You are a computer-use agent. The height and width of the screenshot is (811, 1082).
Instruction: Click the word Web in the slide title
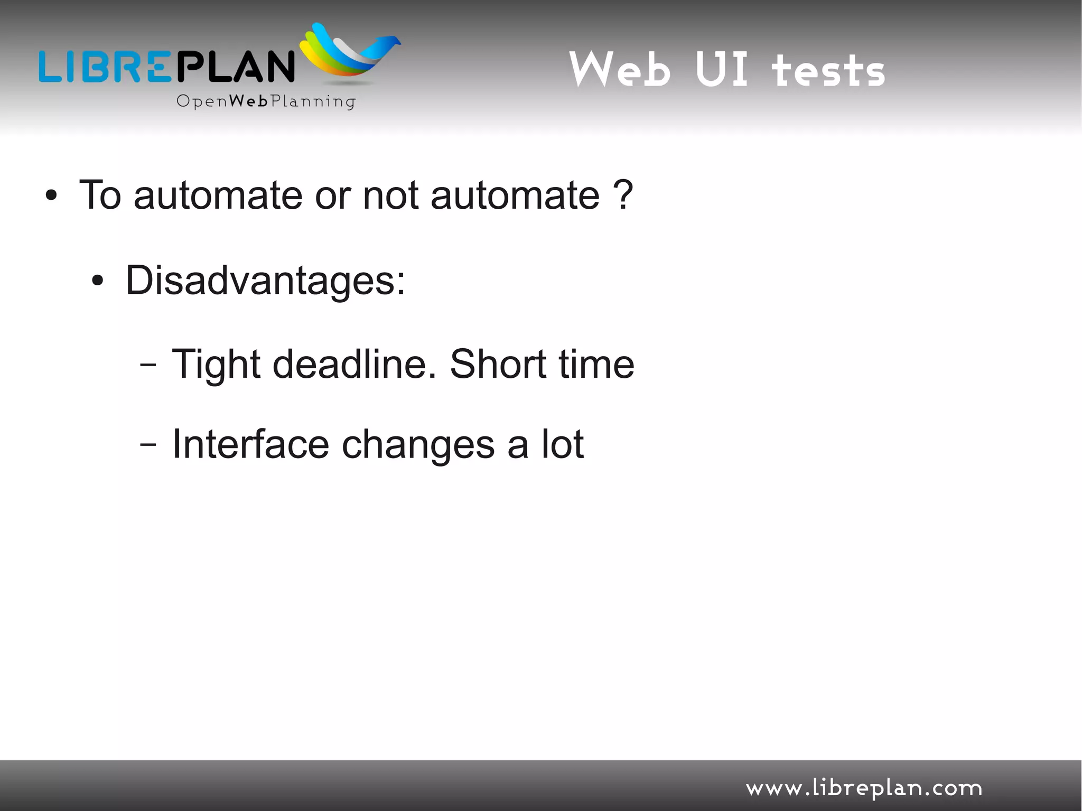[620, 69]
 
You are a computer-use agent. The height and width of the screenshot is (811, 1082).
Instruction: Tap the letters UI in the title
[722, 69]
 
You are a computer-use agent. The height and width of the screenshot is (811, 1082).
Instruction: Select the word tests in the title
[828, 71]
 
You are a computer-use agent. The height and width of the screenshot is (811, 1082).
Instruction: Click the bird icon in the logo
[350, 52]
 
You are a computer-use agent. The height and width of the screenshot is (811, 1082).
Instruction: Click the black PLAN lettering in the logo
[235, 67]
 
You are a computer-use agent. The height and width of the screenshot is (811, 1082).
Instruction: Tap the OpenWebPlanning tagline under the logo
[266, 101]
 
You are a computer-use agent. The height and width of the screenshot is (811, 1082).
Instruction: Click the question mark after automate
[623, 194]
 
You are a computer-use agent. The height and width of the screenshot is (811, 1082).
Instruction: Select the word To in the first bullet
[100, 195]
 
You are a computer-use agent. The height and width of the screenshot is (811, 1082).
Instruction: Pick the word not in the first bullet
[390, 195]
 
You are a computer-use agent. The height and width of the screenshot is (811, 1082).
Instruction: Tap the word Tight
[216, 365]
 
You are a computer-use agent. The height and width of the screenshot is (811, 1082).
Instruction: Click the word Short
[497, 364]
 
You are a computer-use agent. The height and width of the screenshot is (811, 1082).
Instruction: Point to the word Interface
[250, 444]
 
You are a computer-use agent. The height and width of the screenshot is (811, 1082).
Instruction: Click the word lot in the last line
[562, 444]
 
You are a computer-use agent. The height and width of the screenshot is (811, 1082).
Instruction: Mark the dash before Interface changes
[148, 445]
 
